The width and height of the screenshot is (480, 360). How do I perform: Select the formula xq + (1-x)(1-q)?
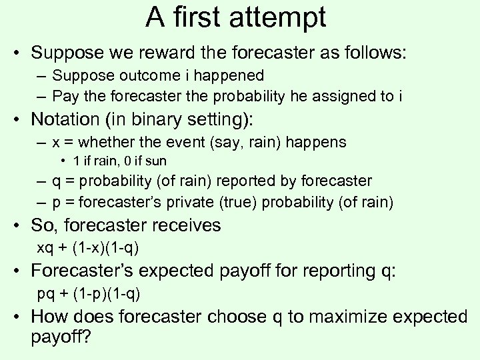pyautogui.click(x=87, y=248)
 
